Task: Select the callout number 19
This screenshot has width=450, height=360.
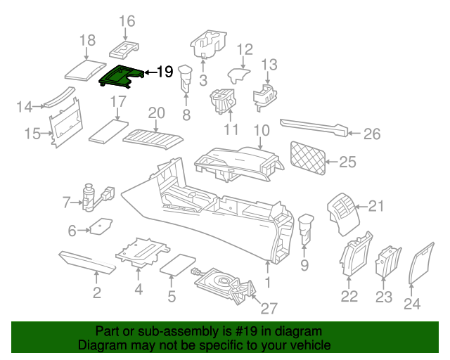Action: [x=164, y=72]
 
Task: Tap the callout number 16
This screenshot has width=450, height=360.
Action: [x=127, y=22]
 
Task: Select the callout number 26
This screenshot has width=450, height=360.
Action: [x=372, y=134]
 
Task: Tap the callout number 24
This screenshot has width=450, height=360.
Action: [x=412, y=304]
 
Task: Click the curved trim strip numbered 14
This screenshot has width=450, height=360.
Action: [x=59, y=98]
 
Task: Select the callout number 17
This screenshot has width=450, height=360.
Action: [x=117, y=102]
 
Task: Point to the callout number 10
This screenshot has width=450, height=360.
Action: [x=261, y=130]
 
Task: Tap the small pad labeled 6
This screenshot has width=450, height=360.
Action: [x=101, y=226]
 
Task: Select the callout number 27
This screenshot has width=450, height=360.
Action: [x=269, y=309]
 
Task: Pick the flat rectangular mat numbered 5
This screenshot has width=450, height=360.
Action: [x=178, y=265]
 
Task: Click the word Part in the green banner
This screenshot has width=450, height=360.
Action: [x=106, y=331]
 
